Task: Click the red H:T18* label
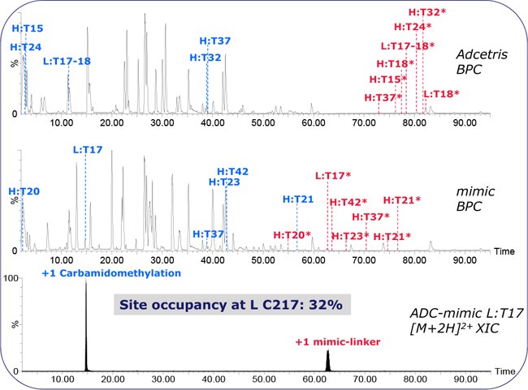396,63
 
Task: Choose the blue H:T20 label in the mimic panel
24,191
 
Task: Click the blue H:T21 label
298,199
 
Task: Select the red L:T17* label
332,175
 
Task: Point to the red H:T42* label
348,203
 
